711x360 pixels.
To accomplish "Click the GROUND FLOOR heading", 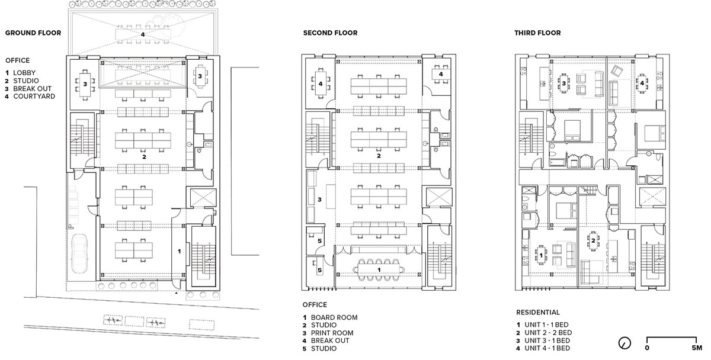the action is [33, 33].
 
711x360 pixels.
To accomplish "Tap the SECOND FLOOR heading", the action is [330, 33].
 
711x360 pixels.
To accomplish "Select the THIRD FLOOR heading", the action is [537, 33].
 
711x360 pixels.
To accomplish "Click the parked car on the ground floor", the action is [79, 253].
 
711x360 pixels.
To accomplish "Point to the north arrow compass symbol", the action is [624, 343].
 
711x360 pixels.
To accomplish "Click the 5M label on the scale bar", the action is [697, 348].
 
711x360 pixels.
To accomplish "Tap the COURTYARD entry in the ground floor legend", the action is [34, 96].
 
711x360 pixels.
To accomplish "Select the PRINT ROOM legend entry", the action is [332, 333].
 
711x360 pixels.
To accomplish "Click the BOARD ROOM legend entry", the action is [334, 317].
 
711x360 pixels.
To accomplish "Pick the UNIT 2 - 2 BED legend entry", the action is [548, 333].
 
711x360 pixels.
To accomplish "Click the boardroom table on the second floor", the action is [379, 269].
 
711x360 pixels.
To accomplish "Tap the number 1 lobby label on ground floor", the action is [180, 251].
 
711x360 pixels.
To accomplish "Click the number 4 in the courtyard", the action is [143, 34].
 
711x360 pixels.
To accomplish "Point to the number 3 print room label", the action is [319, 200].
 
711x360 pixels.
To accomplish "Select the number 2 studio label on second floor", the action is [379, 156].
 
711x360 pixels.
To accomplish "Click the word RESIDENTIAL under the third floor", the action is [538, 313].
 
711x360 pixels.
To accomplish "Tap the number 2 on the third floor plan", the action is [593, 241].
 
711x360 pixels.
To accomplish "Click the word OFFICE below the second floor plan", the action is [315, 305].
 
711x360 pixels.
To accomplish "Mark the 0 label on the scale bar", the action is [647, 348].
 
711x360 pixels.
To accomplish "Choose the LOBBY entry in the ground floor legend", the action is [24, 73].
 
